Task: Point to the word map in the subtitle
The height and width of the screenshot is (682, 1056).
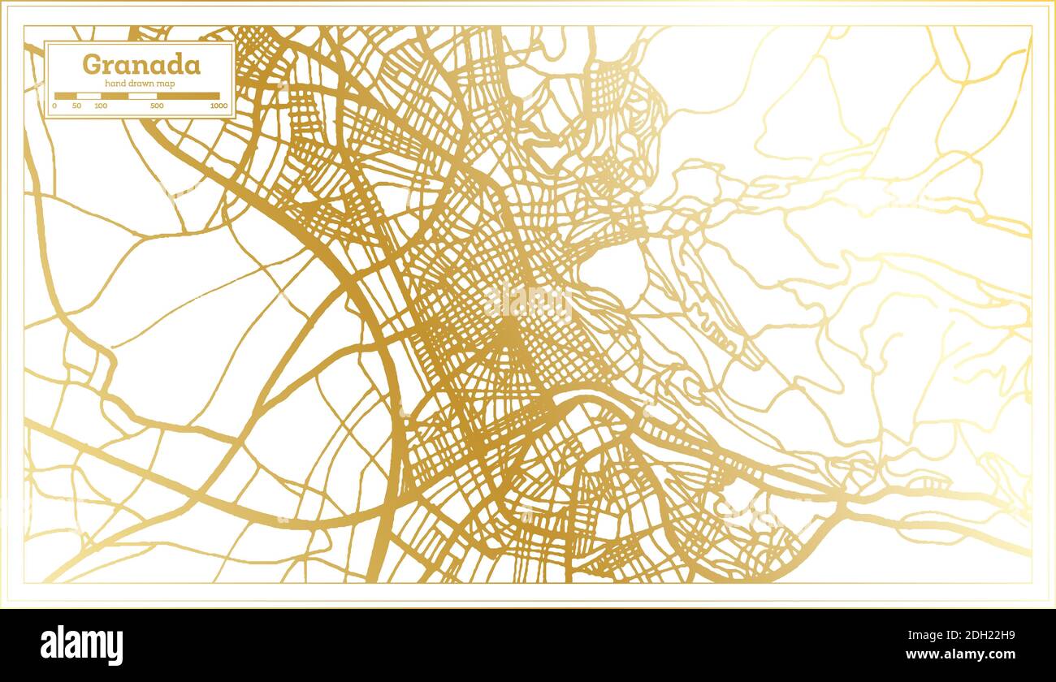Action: pyautogui.click(x=166, y=84)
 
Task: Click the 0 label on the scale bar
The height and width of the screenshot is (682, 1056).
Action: pyautogui.click(x=54, y=106)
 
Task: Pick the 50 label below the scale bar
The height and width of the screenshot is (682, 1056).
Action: pyautogui.click(x=76, y=106)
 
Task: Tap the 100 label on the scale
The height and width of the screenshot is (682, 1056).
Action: pyautogui.click(x=101, y=106)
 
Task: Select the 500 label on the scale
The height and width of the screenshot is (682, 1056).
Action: pyautogui.click(x=157, y=106)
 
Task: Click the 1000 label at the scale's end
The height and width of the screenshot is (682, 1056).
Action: pyautogui.click(x=218, y=106)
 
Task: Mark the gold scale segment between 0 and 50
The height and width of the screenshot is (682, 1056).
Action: pyautogui.click(x=66, y=96)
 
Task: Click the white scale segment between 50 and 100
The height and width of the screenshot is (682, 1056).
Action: pyautogui.click(x=89, y=96)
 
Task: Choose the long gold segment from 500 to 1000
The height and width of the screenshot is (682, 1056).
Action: pyautogui.click(x=188, y=96)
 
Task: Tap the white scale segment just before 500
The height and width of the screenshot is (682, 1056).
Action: pyautogui.click(x=142, y=96)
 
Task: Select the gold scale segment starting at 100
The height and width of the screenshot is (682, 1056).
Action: pyautogui.click(x=114, y=96)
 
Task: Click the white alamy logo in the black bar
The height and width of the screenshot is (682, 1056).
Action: pyautogui.click(x=82, y=645)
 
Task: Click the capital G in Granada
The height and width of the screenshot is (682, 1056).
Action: pyautogui.click(x=93, y=64)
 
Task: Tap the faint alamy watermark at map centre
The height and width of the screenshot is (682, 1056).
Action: pyautogui.click(x=528, y=301)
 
